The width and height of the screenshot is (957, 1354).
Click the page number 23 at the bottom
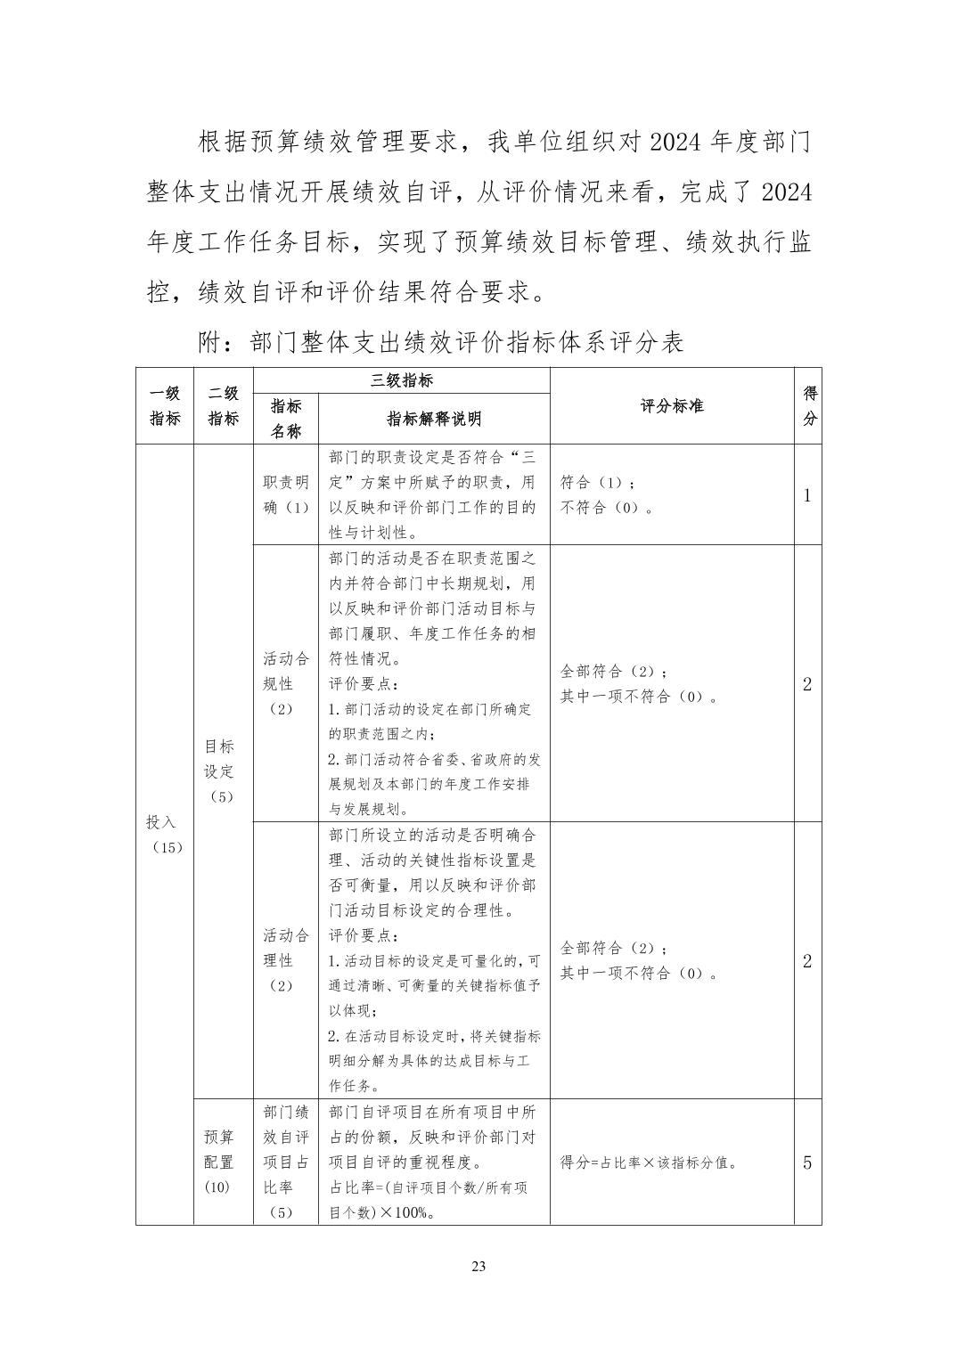tap(478, 1267)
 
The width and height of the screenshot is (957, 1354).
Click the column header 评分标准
tap(671, 406)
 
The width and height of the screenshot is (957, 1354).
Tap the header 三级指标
tap(402, 380)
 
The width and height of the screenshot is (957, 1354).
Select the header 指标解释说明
tap(434, 419)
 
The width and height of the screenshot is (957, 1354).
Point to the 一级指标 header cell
tap(165, 406)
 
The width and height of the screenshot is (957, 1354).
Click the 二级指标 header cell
tap(223, 406)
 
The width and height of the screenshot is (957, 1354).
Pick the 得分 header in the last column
tap(808, 406)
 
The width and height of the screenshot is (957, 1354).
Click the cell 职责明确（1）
tap(286, 494)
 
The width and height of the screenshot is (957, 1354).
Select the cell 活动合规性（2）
tap(286, 683)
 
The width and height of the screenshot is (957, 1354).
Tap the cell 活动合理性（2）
tap(286, 960)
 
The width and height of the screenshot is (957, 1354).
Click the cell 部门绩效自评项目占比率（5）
tap(286, 1162)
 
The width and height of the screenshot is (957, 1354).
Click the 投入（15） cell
tap(165, 834)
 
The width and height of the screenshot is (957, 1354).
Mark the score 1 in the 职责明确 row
tap(807, 496)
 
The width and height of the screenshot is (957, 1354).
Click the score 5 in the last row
tap(807, 1162)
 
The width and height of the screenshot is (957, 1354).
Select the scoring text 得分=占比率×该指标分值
tap(649, 1162)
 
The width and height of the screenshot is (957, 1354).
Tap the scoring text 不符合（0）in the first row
tap(607, 509)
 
